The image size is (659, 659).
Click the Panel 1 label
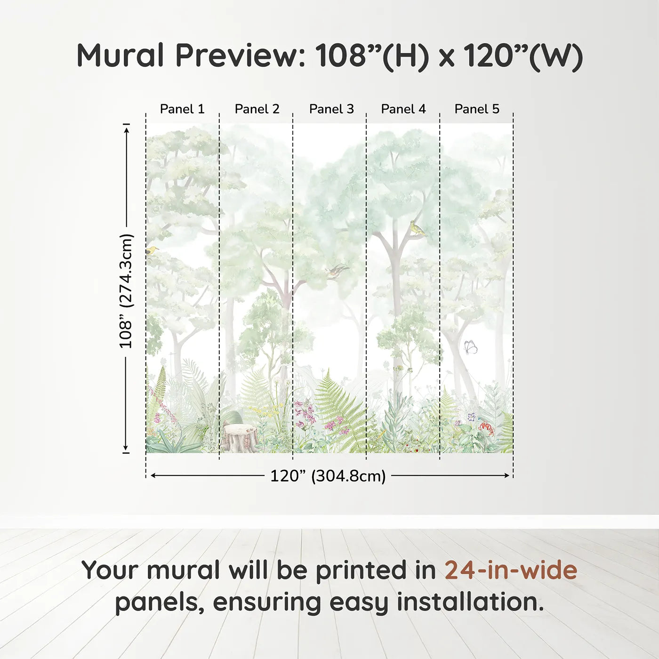coord(182,109)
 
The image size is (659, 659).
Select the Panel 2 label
coord(257,109)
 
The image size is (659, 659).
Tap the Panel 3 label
coord(331,109)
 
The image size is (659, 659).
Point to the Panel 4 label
coord(403,109)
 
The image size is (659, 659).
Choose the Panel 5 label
coord(477,109)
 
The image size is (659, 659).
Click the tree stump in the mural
coord(240,437)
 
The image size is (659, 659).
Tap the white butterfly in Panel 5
coord(470,347)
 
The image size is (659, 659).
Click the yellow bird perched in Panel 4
coord(417,228)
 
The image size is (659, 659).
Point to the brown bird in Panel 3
coord(337,271)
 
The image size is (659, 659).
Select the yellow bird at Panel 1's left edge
coord(151,250)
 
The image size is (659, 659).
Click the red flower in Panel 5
coord(486,427)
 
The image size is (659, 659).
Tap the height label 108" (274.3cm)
coord(126,291)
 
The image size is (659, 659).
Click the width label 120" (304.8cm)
coord(328,476)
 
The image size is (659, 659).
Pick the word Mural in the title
coord(121,56)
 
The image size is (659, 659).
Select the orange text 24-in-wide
coord(511,570)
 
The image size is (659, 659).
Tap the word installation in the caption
coord(470,602)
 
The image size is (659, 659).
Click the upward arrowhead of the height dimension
coord(126,129)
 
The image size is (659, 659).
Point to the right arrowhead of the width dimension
coord(507,475)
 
